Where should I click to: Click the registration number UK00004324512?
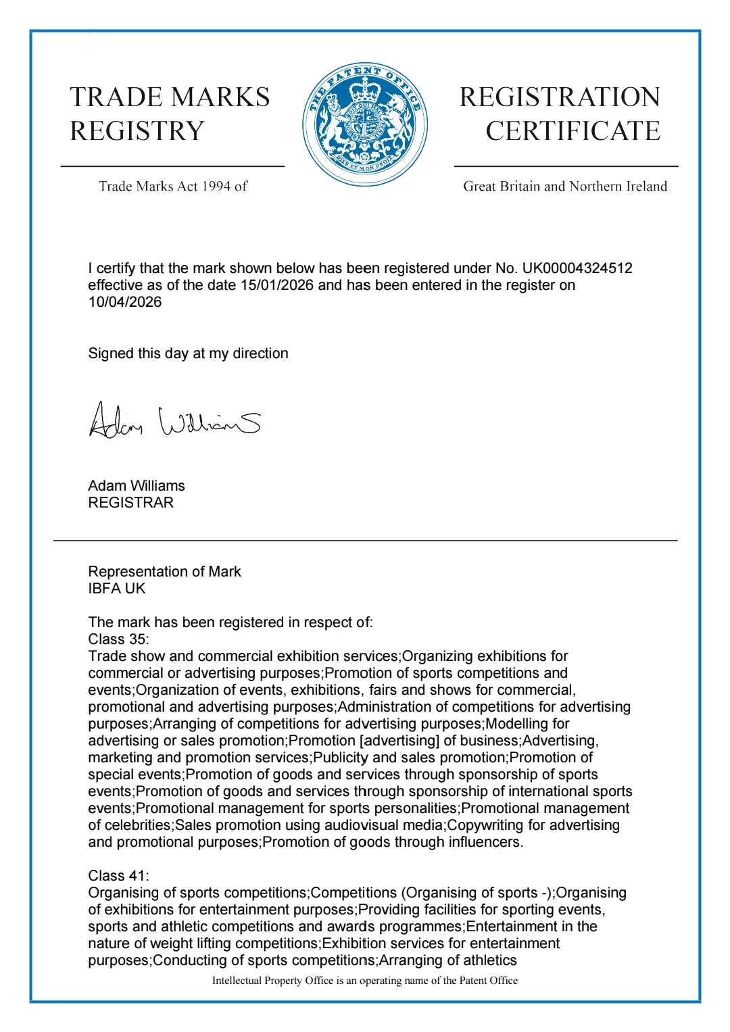tap(577, 268)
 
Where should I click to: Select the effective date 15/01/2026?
tap(277, 285)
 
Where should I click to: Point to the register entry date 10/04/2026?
tap(125, 302)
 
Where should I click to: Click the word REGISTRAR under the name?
tap(131, 503)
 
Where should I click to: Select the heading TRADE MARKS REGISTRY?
tap(170, 114)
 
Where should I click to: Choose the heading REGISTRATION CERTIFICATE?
tap(560, 114)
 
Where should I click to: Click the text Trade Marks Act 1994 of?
tap(173, 187)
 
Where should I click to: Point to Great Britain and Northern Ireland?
tap(565, 187)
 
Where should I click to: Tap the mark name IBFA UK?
tap(117, 589)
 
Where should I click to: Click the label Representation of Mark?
tap(164, 572)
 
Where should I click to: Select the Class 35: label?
tap(119, 639)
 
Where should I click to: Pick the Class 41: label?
tap(119, 876)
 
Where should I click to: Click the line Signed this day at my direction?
tap(188, 353)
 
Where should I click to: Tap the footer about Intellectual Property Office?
tap(365, 981)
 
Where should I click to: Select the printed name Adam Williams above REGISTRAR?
tap(137, 486)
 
